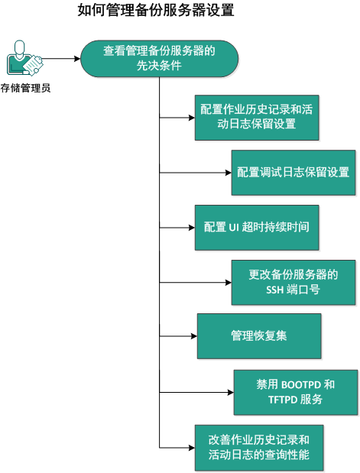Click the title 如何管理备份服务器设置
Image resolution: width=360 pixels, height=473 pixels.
pos(155,11)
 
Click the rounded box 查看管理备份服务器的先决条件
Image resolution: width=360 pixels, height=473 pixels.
pos(159,59)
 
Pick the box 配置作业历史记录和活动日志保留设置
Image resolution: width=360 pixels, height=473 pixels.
pos(247,117)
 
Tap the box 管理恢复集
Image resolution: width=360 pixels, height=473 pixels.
pos(258,335)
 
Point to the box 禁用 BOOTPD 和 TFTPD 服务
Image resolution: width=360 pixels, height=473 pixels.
pos(295,392)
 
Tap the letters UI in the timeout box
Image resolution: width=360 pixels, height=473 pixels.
pos(235,228)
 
